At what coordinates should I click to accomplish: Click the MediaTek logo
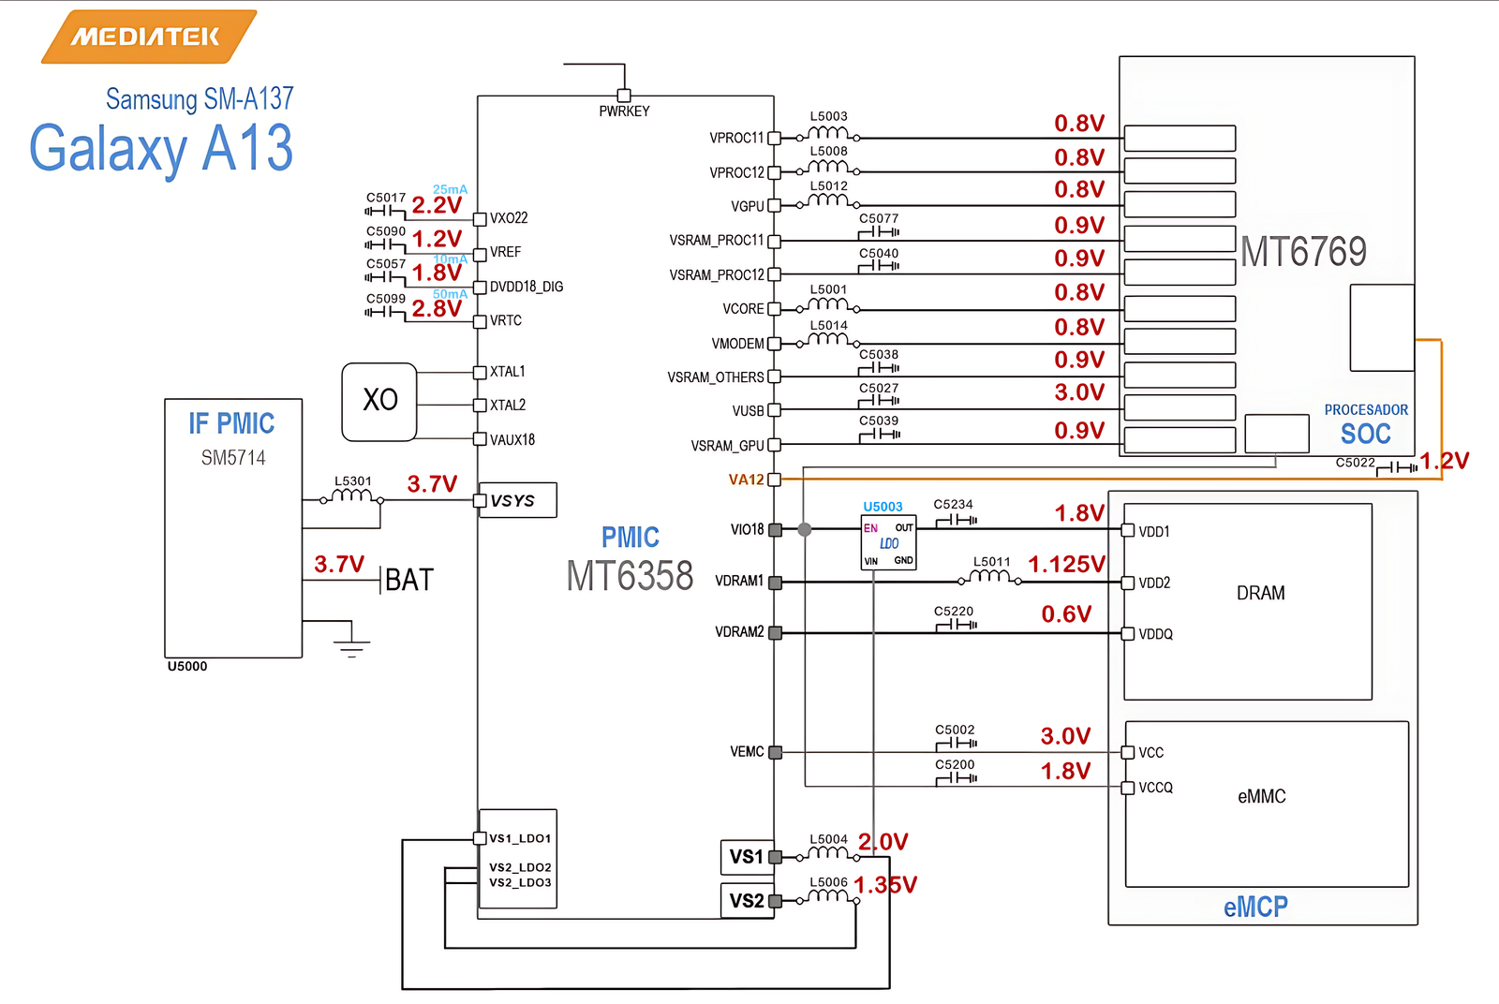(x=148, y=37)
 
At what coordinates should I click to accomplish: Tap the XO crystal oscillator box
(x=379, y=401)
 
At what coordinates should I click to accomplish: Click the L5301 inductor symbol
(x=353, y=496)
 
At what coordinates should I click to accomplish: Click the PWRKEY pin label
(x=624, y=111)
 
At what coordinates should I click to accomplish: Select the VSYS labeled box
(x=517, y=500)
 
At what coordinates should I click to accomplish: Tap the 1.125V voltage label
(x=1066, y=564)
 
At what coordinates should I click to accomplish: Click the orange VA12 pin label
(x=746, y=480)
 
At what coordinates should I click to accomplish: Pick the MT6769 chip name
(x=1303, y=251)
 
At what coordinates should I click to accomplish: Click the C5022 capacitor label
(x=1355, y=463)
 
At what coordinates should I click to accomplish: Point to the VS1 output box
(x=747, y=856)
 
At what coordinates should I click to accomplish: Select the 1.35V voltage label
(x=885, y=884)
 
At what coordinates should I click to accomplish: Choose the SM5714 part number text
(x=233, y=458)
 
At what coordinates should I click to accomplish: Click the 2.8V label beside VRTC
(x=437, y=308)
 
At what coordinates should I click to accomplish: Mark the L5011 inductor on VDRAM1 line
(x=991, y=575)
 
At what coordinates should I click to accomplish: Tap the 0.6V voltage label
(x=1066, y=614)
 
